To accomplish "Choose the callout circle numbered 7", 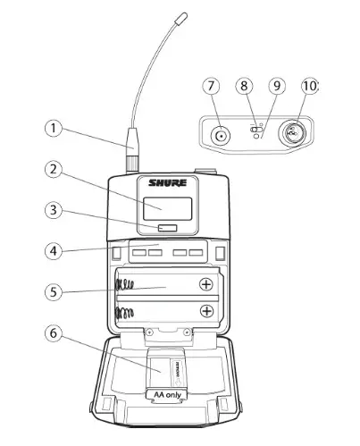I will tap(212, 86).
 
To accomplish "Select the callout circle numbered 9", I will tap(275, 86).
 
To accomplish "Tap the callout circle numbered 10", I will tap(308, 86).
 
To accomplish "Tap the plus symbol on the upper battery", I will tap(206, 284).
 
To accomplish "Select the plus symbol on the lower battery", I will tap(206, 311).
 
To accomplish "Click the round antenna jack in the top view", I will tap(219, 136).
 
